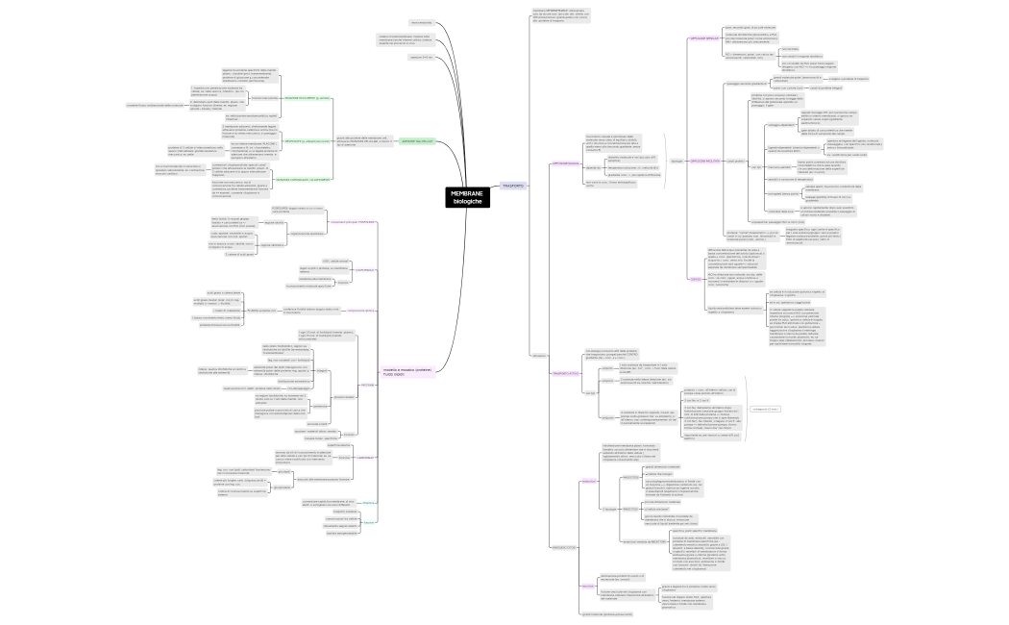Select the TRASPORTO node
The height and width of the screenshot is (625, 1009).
[x=513, y=186]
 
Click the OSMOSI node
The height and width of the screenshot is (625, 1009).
[x=696, y=279]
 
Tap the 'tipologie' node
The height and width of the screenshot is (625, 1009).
[x=677, y=161]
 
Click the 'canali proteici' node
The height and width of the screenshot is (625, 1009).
[x=738, y=161]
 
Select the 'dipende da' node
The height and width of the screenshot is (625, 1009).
[x=594, y=167]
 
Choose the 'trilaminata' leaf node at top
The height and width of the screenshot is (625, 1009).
[x=420, y=22]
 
